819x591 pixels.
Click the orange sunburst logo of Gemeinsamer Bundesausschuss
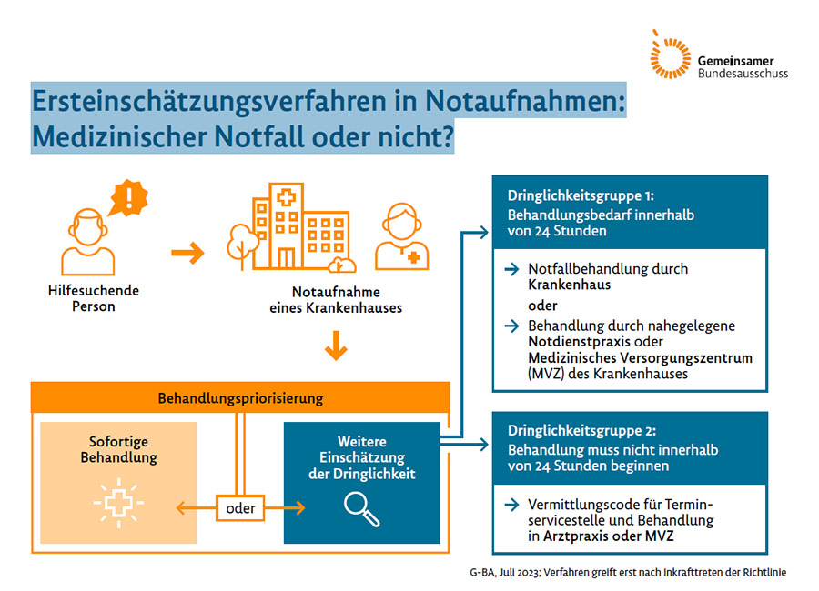[670, 55]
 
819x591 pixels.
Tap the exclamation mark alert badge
[128, 198]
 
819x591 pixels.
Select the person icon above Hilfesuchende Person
[87, 242]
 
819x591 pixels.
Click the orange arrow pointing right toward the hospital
[187, 253]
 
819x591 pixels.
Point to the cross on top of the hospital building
[286, 198]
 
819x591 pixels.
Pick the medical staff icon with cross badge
[401, 236]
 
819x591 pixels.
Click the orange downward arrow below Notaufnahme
[336, 346]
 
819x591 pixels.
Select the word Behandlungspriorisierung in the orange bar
[241, 398]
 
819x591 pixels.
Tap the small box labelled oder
[240, 508]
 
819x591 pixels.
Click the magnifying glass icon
[361, 509]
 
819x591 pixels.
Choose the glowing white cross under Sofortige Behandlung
[118, 503]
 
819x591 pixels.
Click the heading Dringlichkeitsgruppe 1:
[581, 195]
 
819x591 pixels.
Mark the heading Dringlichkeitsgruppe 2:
[581, 431]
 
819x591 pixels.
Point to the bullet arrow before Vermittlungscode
[511, 505]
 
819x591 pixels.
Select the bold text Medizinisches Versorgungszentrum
[641, 358]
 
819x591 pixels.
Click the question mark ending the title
[446, 136]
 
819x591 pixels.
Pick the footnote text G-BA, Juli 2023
[505, 573]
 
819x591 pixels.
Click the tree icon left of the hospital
[242, 245]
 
